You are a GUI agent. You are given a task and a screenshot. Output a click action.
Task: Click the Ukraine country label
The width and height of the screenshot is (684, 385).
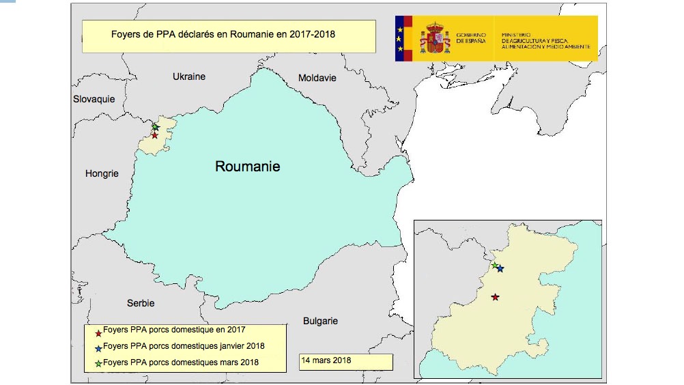pyautogui.click(x=189, y=76)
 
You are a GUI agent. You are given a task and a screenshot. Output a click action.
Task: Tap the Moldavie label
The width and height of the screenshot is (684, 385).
pyautogui.click(x=317, y=78)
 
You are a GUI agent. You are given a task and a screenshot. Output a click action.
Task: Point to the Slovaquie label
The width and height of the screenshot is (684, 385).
pyautogui.click(x=94, y=99)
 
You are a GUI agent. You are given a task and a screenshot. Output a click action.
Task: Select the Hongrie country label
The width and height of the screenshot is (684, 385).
pyautogui.click(x=102, y=173)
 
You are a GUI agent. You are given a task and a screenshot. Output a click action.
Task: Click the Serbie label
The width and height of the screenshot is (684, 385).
pyautogui.click(x=141, y=303)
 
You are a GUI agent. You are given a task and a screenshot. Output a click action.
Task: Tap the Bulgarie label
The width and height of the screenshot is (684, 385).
pyautogui.click(x=321, y=321)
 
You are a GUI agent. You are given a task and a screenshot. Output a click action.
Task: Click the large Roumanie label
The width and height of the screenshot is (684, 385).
pyautogui.click(x=248, y=166)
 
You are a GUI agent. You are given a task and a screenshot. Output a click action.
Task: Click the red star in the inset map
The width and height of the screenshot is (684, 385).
pyautogui.click(x=495, y=297)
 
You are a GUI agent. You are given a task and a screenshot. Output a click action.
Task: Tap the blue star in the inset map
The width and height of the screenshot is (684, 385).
pyautogui.click(x=500, y=269)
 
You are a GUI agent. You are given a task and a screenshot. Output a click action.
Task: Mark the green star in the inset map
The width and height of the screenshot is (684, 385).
pyautogui.click(x=494, y=265)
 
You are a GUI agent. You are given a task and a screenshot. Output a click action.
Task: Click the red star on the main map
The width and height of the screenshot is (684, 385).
pyautogui.click(x=155, y=135)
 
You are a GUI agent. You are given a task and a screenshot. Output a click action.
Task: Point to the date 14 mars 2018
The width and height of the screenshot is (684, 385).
pyautogui.click(x=326, y=360)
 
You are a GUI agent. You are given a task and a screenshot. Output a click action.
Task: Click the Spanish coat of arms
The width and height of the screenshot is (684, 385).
pyautogui.click(x=435, y=38)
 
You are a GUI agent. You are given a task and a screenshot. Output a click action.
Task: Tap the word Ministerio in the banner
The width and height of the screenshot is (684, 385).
pyautogui.click(x=516, y=33)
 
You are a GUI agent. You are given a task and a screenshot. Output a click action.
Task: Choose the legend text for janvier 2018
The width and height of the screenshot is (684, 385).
pyautogui.click(x=184, y=346)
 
